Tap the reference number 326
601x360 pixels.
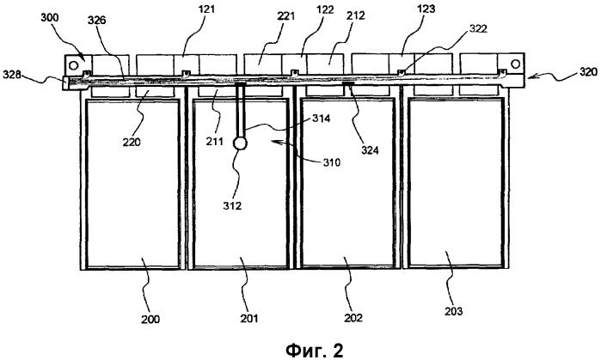97,20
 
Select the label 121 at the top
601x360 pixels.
205,9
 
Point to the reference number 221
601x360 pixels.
285,16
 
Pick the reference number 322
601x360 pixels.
476,28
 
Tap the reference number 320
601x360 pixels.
587,71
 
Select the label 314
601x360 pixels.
321,119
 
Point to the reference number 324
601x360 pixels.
370,150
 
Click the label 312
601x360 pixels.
233,205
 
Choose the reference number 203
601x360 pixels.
453,310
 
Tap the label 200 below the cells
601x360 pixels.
150,319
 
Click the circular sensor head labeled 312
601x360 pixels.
240,143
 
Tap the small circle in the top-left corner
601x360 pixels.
73,64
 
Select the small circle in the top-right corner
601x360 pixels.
516,64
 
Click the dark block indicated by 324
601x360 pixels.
349,82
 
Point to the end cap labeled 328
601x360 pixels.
65,82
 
